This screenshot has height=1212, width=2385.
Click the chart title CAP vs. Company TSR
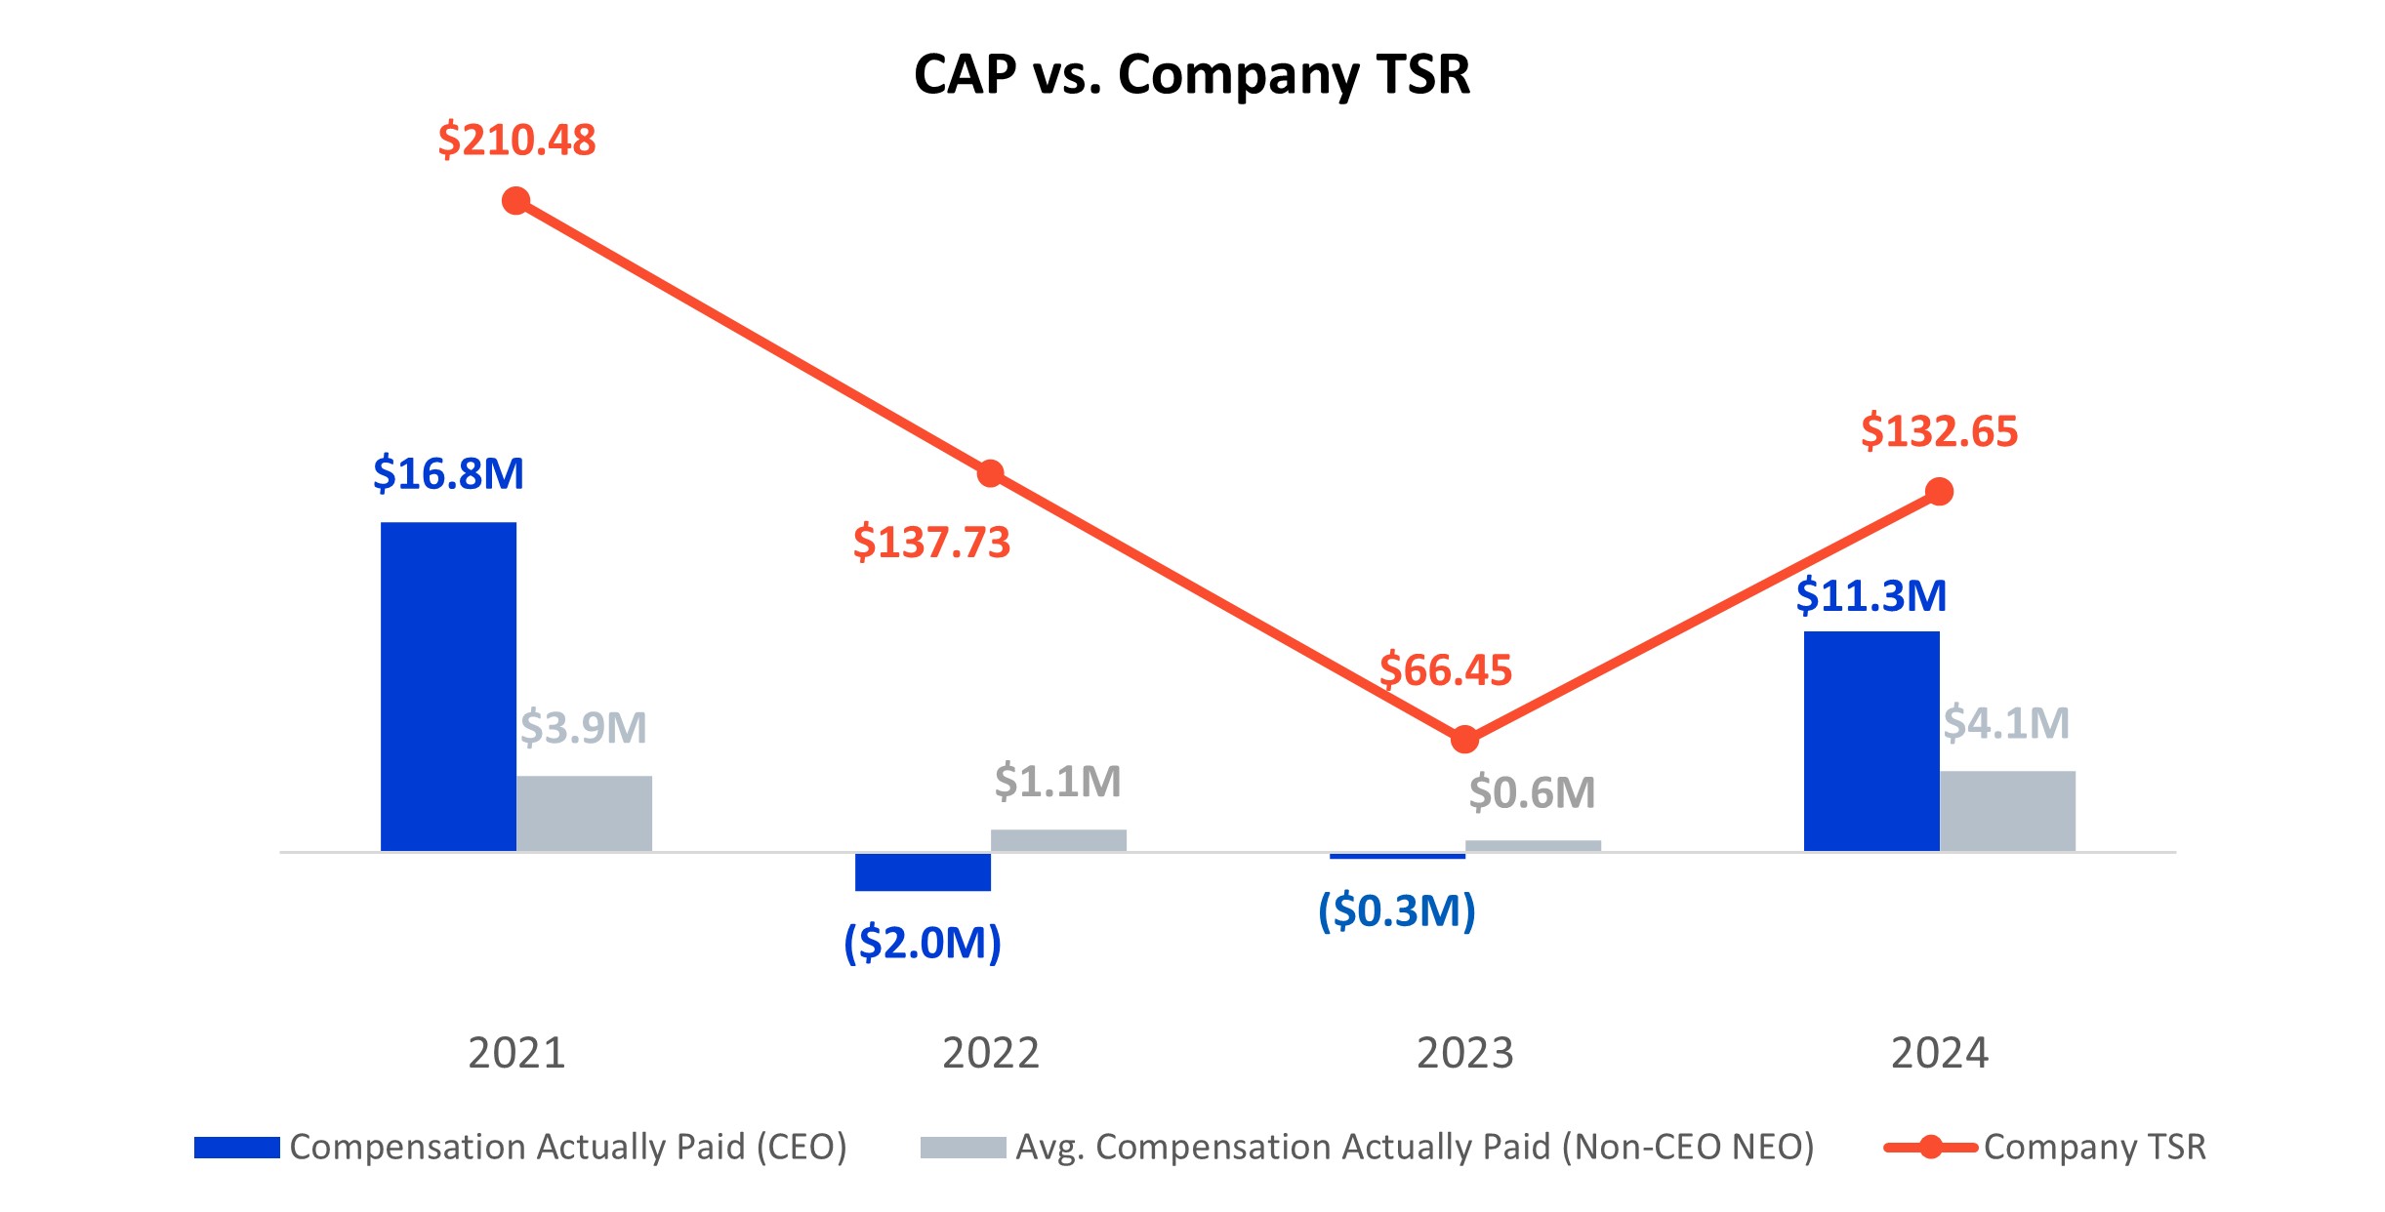click(x=1191, y=74)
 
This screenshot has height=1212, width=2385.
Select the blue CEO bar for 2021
click(x=448, y=686)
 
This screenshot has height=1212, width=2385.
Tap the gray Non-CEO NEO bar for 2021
click(x=584, y=813)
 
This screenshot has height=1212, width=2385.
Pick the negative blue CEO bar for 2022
click(x=923, y=871)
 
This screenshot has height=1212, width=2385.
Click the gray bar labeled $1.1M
click(x=1058, y=840)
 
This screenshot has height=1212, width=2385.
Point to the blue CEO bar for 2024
click(x=1871, y=741)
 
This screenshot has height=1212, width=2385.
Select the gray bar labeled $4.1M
click(x=2006, y=811)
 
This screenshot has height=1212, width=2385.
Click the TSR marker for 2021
click(x=515, y=201)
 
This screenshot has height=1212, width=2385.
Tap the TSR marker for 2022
click(x=990, y=473)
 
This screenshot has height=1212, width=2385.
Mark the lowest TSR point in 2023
click(x=1464, y=740)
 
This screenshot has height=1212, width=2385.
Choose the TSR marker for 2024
click(x=1939, y=492)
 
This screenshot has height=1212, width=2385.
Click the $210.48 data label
click(x=516, y=140)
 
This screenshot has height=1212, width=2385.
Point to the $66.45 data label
click(x=1445, y=670)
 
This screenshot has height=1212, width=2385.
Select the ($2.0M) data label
click(x=923, y=943)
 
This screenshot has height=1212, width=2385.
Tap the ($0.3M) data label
click(x=1396, y=910)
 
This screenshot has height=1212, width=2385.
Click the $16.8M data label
click(x=448, y=473)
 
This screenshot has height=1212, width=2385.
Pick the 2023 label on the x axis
click(x=1464, y=1053)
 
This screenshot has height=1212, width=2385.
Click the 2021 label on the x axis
click(x=516, y=1053)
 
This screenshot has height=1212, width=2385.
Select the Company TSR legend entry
click(x=2045, y=1147)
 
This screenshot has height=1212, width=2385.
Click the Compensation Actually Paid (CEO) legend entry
click(x=520, y=1147)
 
